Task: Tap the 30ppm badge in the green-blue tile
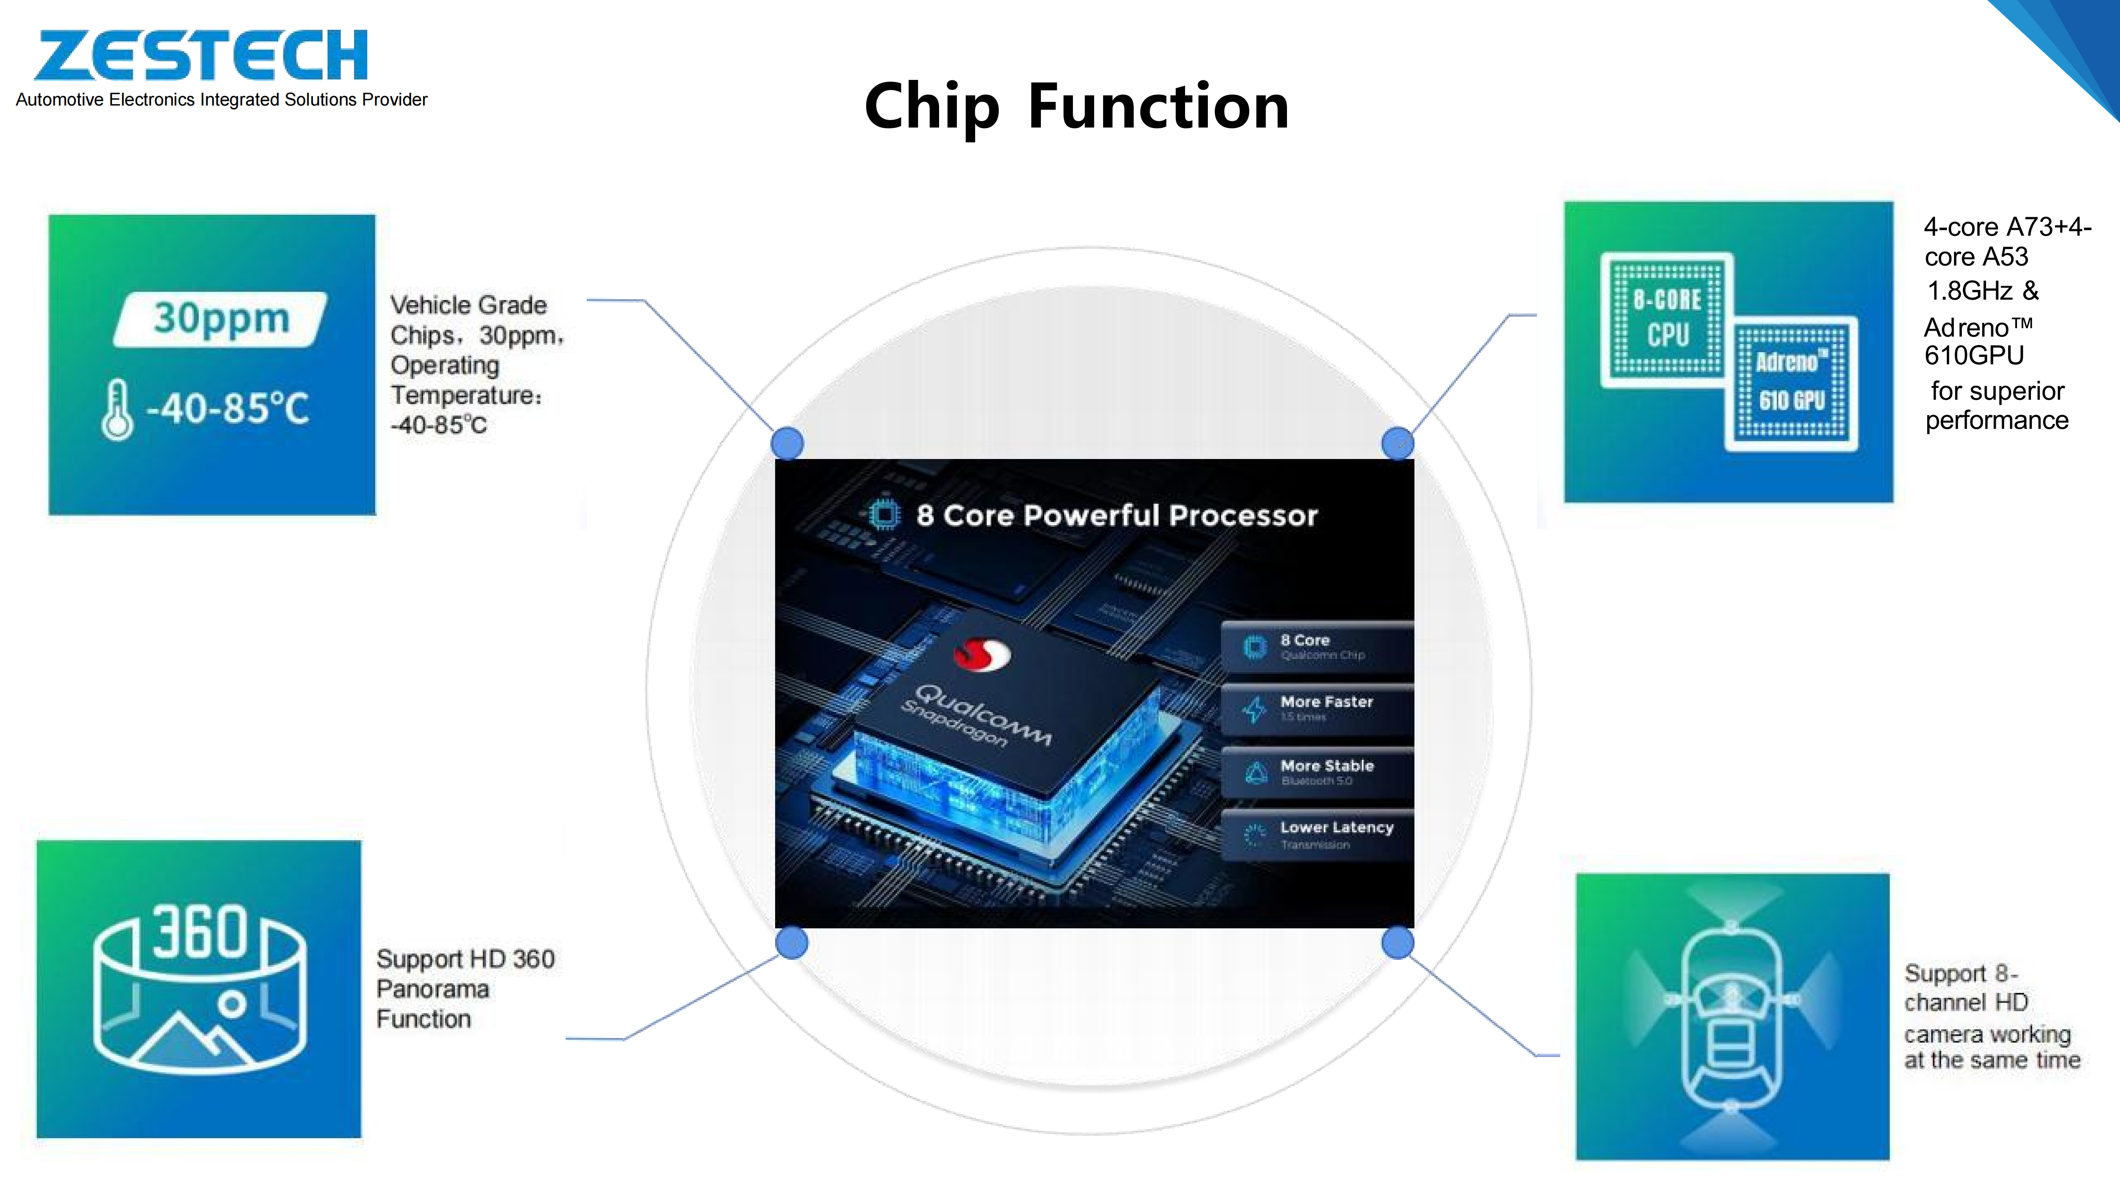(221, 318)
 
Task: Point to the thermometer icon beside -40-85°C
(117, 410)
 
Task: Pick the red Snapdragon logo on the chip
(982, 655)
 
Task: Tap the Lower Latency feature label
(1336, 828)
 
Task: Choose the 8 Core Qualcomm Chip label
(1305, 640)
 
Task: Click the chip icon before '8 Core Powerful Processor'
(884, 515)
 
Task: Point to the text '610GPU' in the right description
(1973, 356)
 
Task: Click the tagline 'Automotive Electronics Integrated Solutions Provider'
(222, 99)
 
